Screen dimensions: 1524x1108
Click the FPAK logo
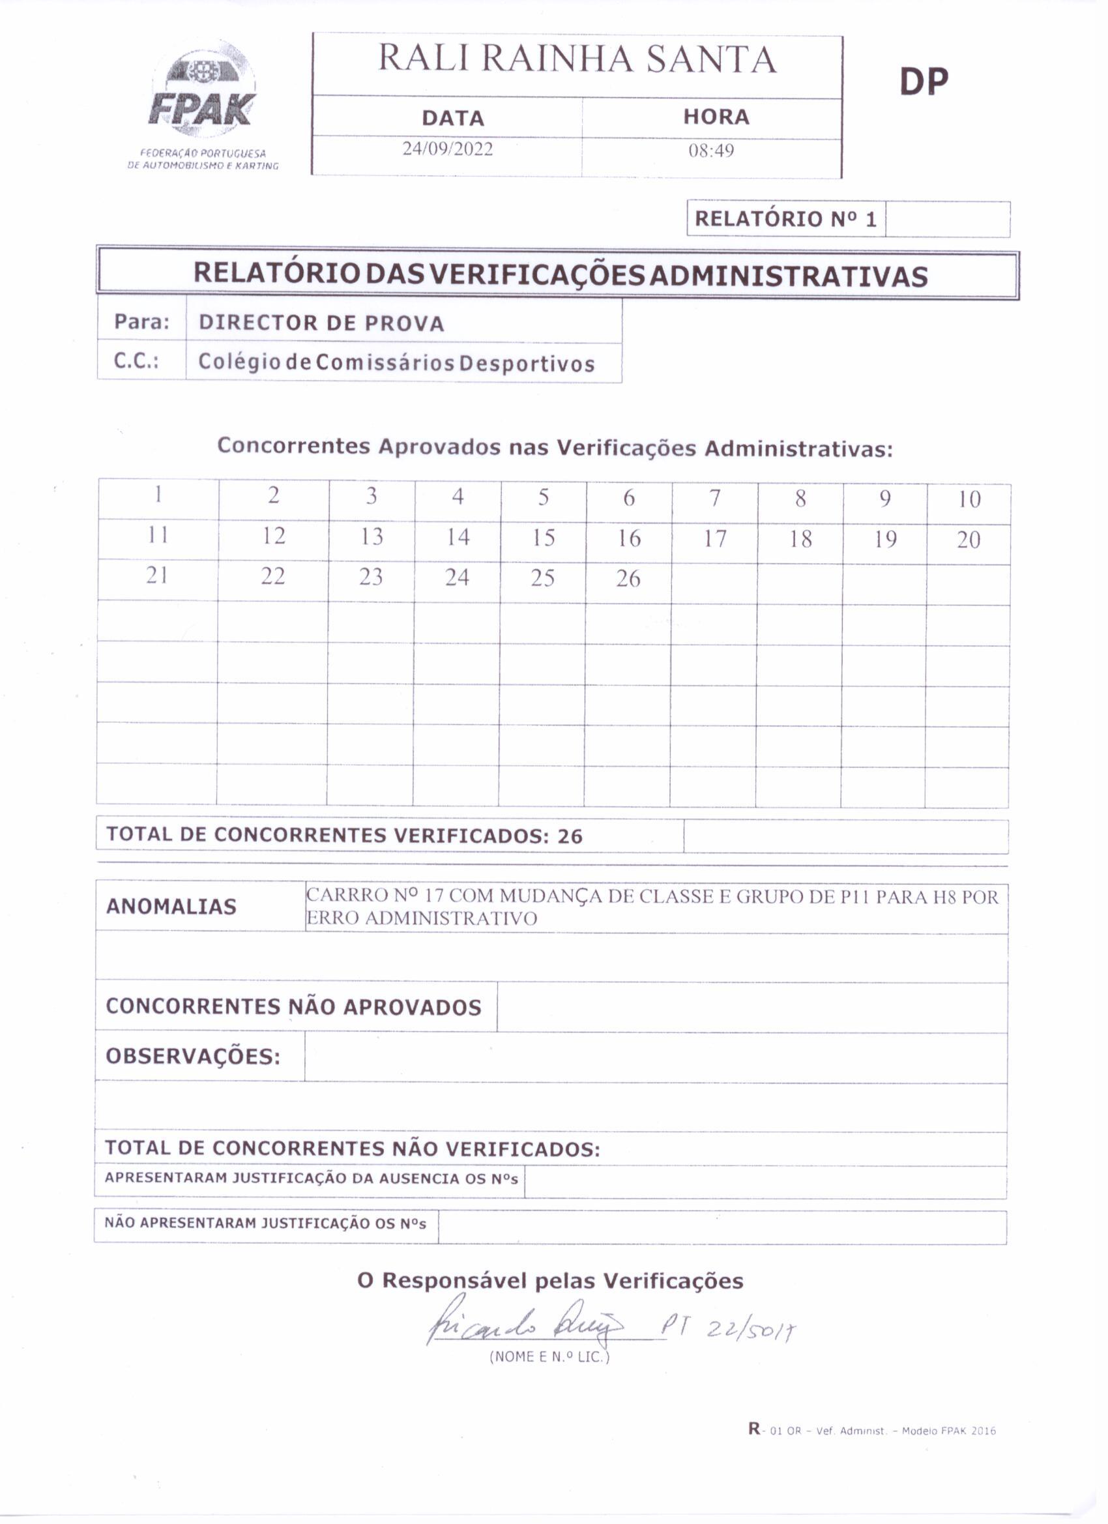pyautogui.click(x=201, y=94)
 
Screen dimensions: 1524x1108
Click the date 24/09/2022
pyautogui.click(x=448, y=149)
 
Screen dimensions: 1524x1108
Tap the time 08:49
pyautogui.click(x=711, y=150)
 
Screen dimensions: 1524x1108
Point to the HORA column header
pyautogui.click(x=716, y=117)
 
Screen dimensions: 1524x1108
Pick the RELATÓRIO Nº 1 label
pyautogui.click(x=785, y=219)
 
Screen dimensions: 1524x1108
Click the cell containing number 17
pyautogui.click(x=715, y=539)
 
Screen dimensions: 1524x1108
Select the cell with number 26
pyautogui.click(x=628, y=579)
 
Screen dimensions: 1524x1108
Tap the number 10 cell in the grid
pyautogui.click(x=969, y=499)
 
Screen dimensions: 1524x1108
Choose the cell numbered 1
pyautogui.click(x=158, y=495)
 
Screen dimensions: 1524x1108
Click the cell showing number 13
pyautogui.click(x=372, y=536)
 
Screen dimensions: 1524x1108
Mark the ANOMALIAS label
pyautogui.click(x=171, y=907)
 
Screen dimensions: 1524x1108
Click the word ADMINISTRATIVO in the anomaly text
pyautogui.click(x=451, y=918)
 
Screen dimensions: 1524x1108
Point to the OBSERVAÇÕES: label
pyautogui.click(x=193, y=1057)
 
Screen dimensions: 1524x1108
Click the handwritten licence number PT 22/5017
pyautogui.click(x=729, y=1327)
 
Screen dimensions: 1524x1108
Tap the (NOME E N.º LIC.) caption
pyautogui.click(x=549, y=1356)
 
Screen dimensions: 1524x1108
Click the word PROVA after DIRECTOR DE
pyautogui.click(x=405, y=323)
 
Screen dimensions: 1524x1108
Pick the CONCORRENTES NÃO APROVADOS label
pyautogui.click(x=294, y=1006)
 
